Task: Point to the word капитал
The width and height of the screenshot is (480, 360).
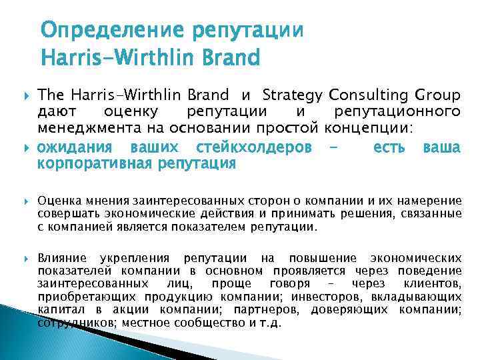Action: [57, 310]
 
